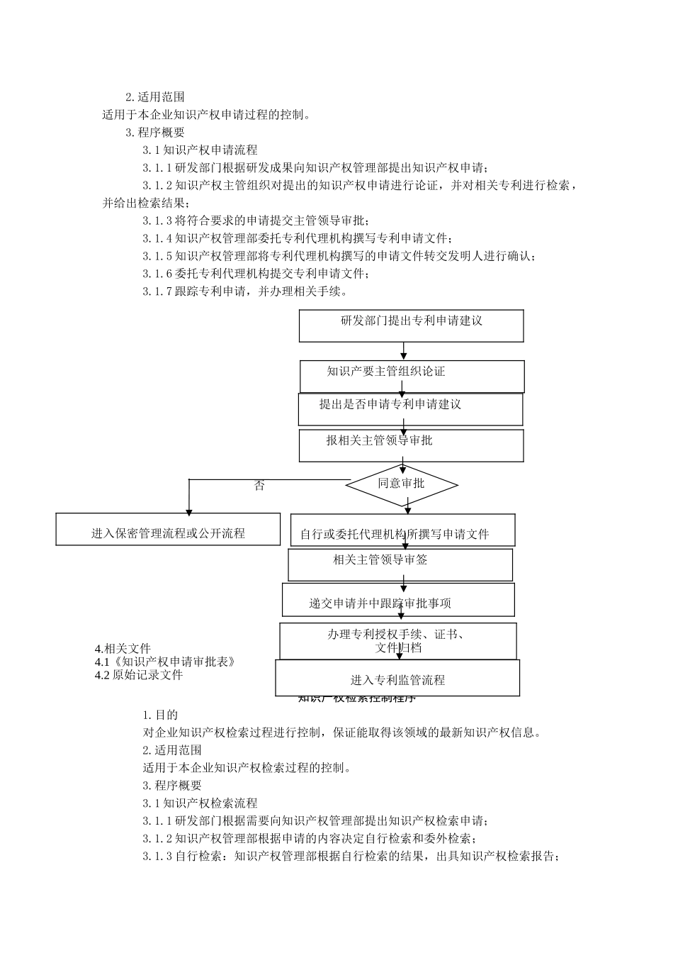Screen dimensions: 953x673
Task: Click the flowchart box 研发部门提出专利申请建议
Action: (411, 325)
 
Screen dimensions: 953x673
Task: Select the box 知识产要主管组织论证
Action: (412, 376)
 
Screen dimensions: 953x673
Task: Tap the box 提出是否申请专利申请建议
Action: (410, 409)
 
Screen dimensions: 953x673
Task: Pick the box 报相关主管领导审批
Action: (411, 445)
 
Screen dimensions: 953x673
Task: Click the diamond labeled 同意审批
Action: (401, 485)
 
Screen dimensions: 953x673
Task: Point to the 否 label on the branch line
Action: (259, 486)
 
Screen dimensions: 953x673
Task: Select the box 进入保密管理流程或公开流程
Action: (168, 530)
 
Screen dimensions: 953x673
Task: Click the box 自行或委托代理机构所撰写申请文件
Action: (402, 530)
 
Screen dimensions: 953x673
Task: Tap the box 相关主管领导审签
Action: (400, 564)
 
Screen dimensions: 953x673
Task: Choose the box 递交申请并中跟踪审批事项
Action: (398, 600)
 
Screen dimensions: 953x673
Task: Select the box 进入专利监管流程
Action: (397, 678)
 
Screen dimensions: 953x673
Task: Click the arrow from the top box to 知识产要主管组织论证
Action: (404, 351)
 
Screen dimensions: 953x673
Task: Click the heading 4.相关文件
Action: (123, 648)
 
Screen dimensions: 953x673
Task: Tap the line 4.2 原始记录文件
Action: (139, 675)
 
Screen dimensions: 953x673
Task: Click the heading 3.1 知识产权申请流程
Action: (200, 150)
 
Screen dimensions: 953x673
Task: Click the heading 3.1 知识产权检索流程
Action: (200, 803)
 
